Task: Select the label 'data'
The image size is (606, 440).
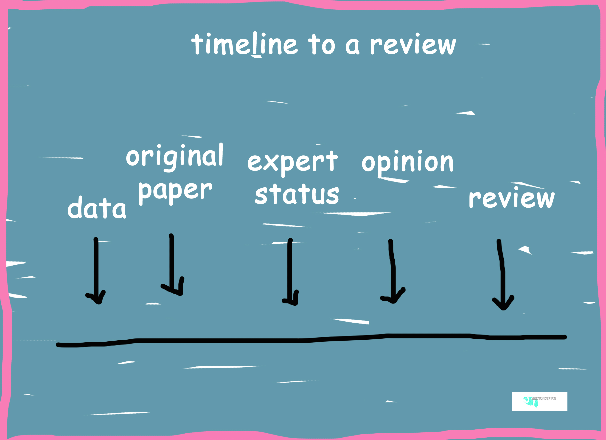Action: pos(97,208)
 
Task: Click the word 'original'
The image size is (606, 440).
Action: pos(174,156)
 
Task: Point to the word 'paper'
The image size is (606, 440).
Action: pos(175,191)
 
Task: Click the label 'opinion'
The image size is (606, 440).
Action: pos(407,162)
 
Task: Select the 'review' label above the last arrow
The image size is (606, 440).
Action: pos(511,198)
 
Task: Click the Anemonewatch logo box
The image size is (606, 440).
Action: pos(539,401)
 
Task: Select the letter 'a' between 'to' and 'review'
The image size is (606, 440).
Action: pos(352,46)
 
